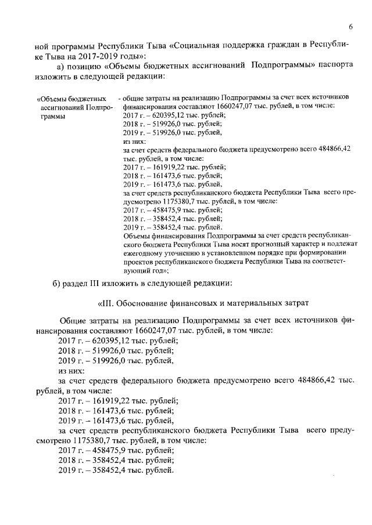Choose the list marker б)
pos(57,283)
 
